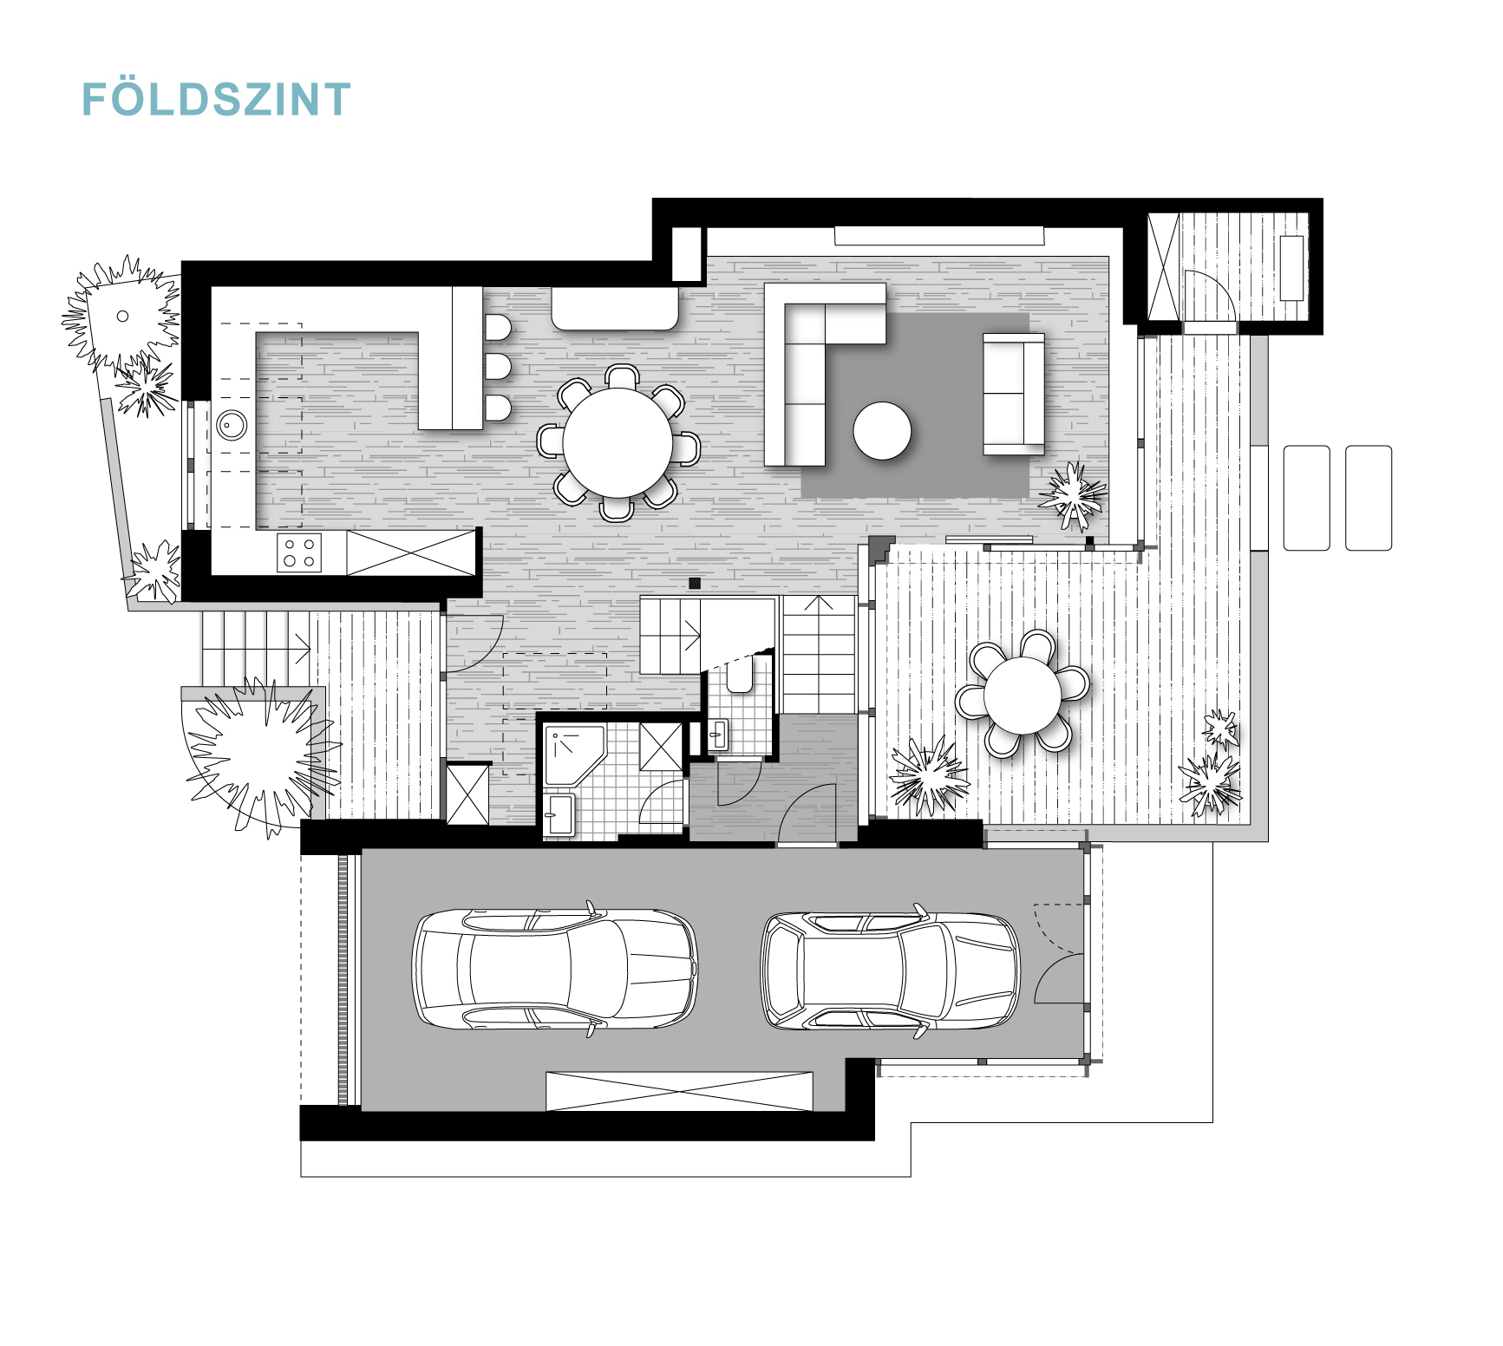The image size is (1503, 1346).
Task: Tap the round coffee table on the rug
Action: point(882,430)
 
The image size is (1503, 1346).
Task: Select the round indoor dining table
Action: point(618,443)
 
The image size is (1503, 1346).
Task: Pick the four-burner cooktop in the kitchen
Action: point(299,552)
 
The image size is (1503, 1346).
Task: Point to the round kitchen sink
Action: point(232,425)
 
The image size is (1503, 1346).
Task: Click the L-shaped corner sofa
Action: point(824,374)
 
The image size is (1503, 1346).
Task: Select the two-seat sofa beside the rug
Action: point(1013,393)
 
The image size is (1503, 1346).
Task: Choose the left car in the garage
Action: point(555,969)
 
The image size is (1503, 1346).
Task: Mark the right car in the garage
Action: point(891,970)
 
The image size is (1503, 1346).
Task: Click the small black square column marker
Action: point(694,584)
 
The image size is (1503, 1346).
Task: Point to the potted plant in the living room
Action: point(1074,495)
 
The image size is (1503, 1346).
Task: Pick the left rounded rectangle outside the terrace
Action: point(1306,498)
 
